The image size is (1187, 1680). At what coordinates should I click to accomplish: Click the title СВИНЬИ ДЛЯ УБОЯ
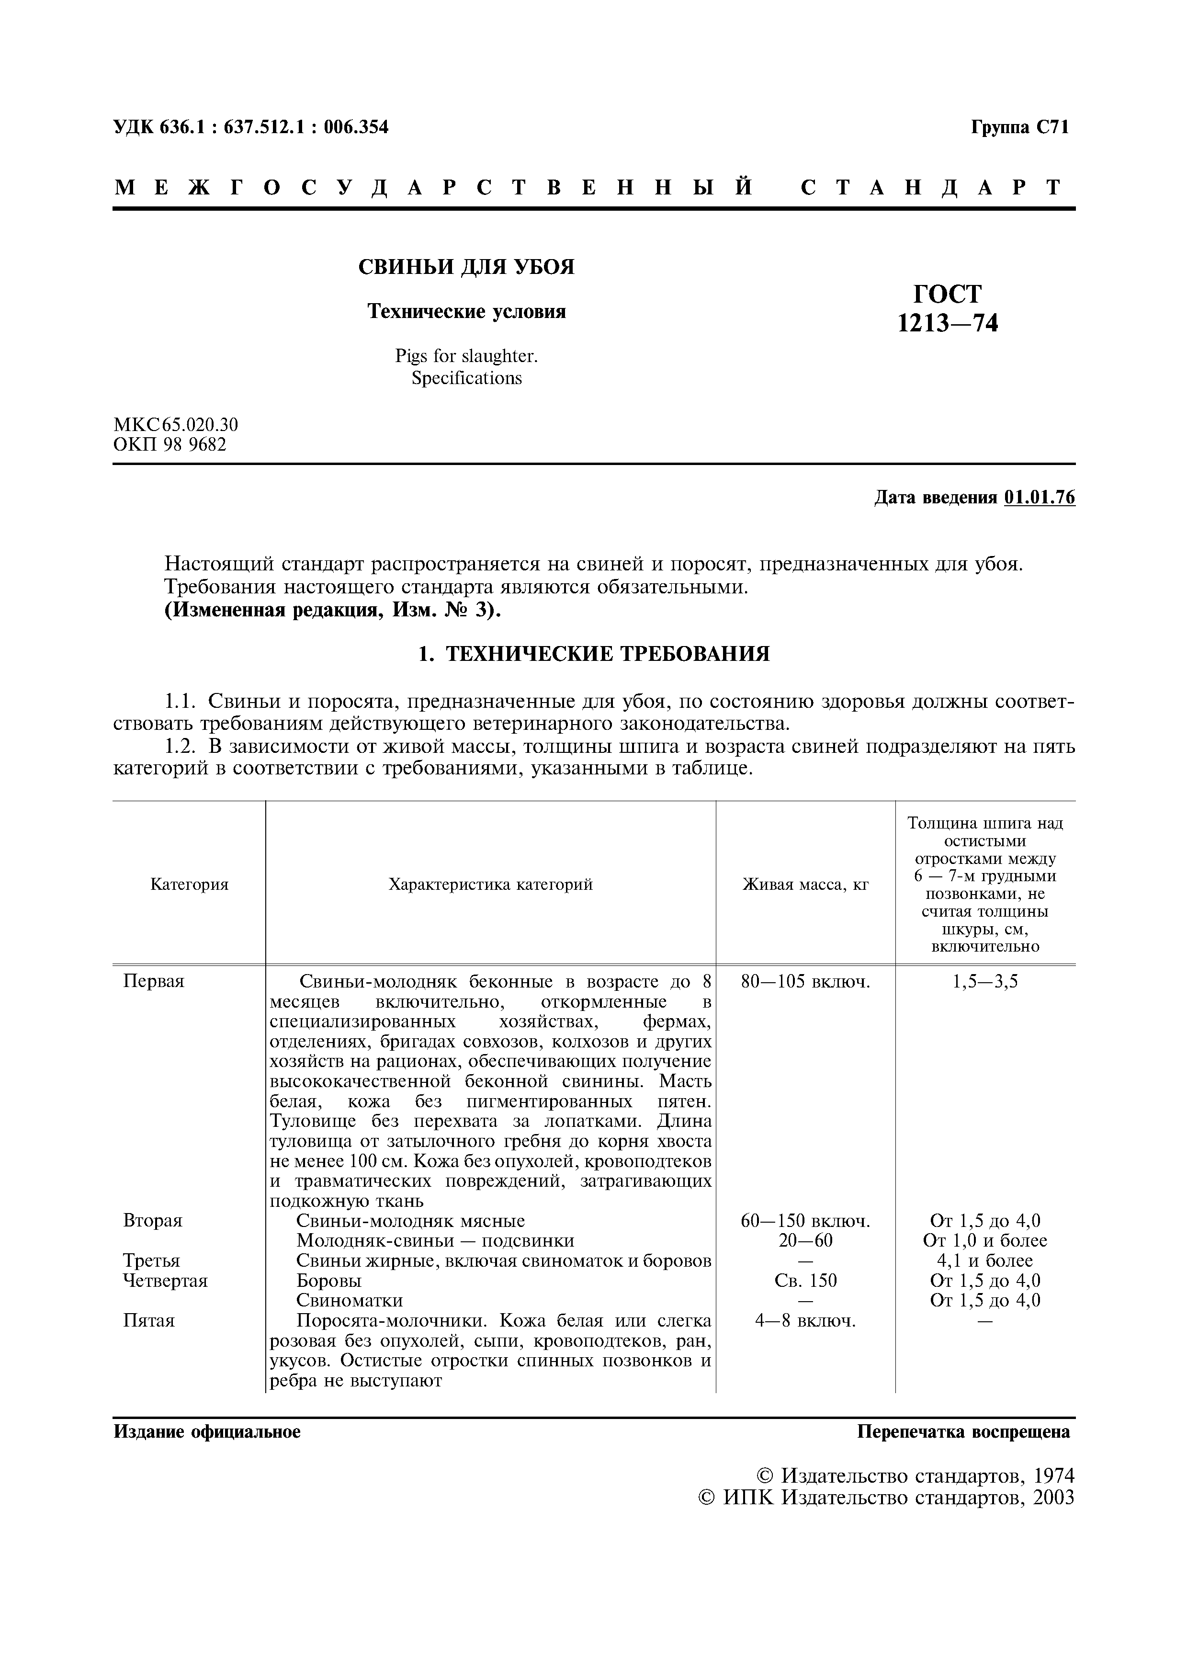pyautogui.click(x=466, y=268)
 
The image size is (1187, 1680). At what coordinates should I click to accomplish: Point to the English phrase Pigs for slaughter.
pyautogui.click(x=466, y=356)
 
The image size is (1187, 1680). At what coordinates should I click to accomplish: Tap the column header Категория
pyautogui.click(x=190, y=885)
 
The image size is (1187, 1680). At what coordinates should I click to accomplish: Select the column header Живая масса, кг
pyautogui.click(x=805, y=885)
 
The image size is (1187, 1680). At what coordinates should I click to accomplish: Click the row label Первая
pyautogui.click(x=154, y=982)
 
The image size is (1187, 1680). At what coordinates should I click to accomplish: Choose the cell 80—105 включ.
pyautogui.click(x=805, y=982)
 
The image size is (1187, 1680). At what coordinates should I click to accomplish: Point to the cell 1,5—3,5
pyautogui.click(x=984, y=982)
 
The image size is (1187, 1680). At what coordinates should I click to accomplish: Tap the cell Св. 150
pyautogui.click(x=805, y=1281)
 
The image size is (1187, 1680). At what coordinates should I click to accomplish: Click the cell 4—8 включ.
pyautogui.click(x=805, y=1321)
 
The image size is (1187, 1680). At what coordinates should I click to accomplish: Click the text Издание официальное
pyautogui.click(x=207, y=1432)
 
